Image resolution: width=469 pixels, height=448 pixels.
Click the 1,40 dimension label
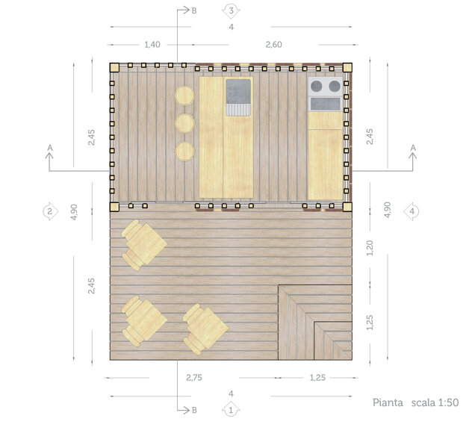tap(152, 45)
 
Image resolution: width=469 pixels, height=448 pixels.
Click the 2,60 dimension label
tap(273, 45)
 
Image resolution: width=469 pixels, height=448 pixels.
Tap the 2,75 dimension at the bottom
tap(194, 377)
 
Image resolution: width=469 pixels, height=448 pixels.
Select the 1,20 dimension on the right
tap(370, 248)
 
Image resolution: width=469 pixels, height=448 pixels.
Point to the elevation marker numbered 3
tap(231, 10)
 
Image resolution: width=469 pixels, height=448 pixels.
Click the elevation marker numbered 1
tap(231, 411)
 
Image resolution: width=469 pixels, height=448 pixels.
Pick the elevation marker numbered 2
tap(50, 211)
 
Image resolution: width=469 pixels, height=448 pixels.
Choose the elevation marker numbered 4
tap(411, 211)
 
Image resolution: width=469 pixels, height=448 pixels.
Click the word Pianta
tap(388, 402)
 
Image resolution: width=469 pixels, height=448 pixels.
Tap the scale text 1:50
tap(448, 402)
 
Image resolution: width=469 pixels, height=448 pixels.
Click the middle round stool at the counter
tap(184, 123)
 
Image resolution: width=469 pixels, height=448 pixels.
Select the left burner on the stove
tap(316, 87)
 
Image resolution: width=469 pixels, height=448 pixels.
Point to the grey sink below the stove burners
tap(325, 104)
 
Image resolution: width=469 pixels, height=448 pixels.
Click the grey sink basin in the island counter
tap(238, 92)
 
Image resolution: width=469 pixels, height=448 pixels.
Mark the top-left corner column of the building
tap(114, 68)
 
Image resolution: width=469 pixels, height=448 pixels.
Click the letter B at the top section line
tap(194, 10)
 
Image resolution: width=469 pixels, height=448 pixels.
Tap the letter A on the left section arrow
tap(50, 148)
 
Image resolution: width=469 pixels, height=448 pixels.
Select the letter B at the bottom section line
tap(194, 411)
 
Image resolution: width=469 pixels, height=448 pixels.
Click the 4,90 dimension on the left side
tap(74, 212)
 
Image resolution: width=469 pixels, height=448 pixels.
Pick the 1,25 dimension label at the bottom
tap(317, 377)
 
